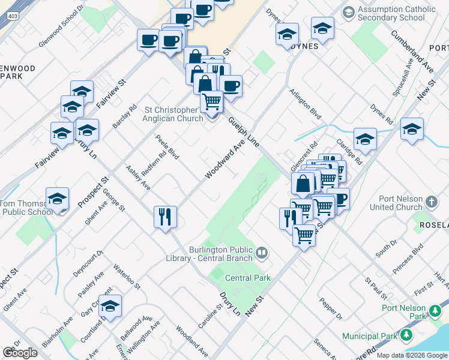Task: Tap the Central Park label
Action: [248, 278]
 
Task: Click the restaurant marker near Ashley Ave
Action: [165, 217]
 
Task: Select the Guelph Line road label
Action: [244, 133]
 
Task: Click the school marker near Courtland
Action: [110, 306]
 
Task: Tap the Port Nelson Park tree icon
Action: [435, 311]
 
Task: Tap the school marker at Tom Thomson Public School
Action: [58, 199]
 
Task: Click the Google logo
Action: [20, 353]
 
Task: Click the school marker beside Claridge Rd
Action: [365, 140]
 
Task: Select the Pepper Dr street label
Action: [331, 308]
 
